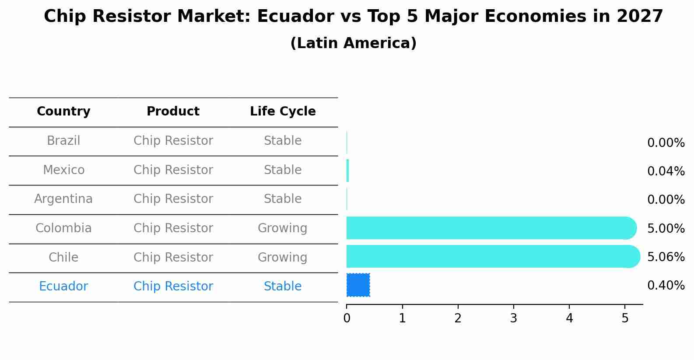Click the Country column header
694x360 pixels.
coord(63,112)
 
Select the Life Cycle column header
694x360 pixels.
coord(283,112)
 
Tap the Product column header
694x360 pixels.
coord(173,112)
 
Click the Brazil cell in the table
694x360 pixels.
coord(63,141)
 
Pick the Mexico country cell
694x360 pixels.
coord(63,170)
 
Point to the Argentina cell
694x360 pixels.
coord(63,199)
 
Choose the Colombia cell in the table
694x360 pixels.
coord(63,228)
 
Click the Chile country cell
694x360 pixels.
coord(63,257)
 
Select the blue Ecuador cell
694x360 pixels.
coord(63,287)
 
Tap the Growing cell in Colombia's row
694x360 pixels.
coord(283,228)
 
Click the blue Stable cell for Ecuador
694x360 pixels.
coord(283,287)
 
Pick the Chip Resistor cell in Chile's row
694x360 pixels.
coord(173,257)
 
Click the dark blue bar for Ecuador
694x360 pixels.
coord(358,285)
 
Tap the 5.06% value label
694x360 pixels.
coord(666,257)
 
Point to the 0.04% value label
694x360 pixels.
coord(666,171)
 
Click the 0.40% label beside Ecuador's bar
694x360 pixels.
coord(666,286)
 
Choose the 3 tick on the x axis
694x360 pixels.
coord(514,318)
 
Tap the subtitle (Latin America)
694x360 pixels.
coord(353,43)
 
